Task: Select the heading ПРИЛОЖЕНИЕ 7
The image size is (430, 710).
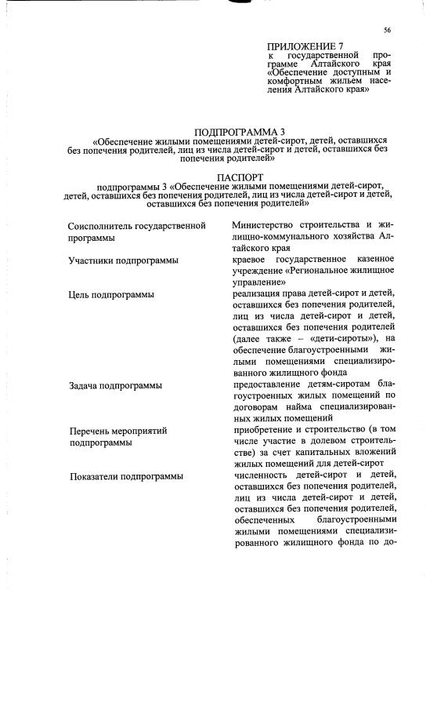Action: pyautogui.click(x=305, y=47)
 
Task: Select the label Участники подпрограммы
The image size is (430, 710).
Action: pyautogui.click(x=122, y=260)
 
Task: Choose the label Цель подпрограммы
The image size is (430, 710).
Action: pyautogui.click(x=110, y=294)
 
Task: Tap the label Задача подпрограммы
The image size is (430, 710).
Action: pyautogui.click(x=115, y=385)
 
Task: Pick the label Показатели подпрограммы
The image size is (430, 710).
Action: pyautogui.click(x=126, y=476)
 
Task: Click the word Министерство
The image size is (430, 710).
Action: pyautogui.click(x=267, y=226)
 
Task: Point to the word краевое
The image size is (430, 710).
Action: pyautogui.click(x=252, y=259)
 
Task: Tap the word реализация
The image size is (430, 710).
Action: pyautogui.click(x=261, y=294)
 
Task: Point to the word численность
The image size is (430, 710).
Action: pyautogui.click(x=266, y=475)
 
